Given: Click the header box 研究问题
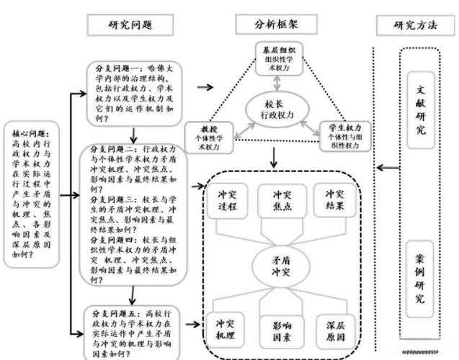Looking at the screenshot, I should pos(130,24).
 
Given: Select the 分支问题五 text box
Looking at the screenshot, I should pos(133,332).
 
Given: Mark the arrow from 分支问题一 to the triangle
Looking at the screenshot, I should pos(205,87).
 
